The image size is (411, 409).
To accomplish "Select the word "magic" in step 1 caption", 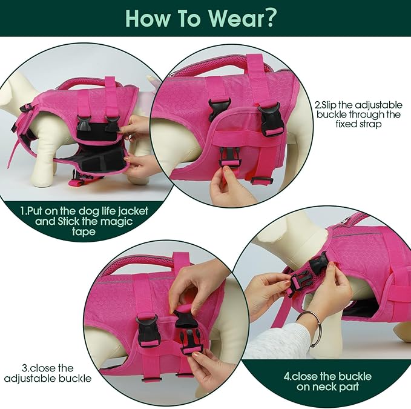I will (x=122, y=224).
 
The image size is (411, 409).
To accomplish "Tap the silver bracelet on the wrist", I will (x=309, y=328).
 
